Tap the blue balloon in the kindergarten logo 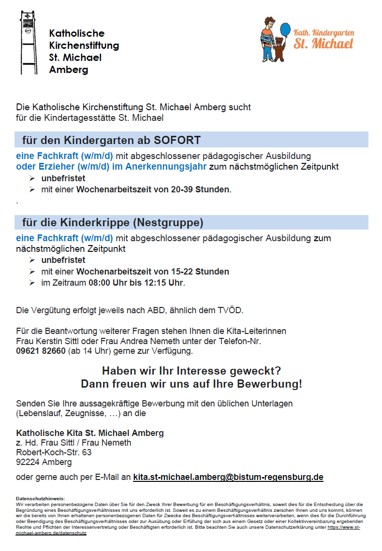[285, 29]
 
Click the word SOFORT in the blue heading [177, 141]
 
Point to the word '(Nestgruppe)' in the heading [168, 223]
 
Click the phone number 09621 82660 [41, 351]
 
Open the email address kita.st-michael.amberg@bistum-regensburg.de [228, 477]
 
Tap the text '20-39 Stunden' [201, 189]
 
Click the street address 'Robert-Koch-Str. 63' [54, 452]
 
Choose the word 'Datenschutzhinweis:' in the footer [40, 498]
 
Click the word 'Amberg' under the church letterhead [69, 70]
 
